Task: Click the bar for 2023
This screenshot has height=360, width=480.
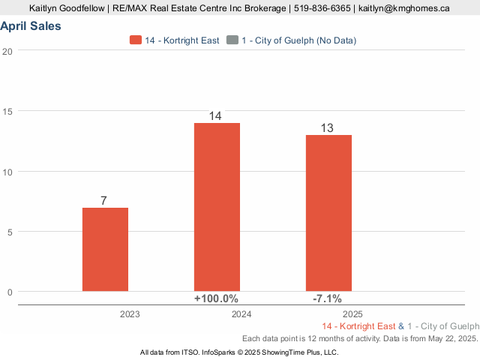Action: coord(105,249)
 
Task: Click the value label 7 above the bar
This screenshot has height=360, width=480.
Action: coord(104,200)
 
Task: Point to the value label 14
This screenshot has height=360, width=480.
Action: coord(216,116)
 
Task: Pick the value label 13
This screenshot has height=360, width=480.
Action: coord(328,128)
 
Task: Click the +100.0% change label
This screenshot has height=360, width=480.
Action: coord(217,298)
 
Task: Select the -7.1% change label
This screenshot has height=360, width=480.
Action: coord(328,298)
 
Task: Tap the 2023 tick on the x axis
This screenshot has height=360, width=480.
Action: coord(130,314)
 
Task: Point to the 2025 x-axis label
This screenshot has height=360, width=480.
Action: coord(352,314)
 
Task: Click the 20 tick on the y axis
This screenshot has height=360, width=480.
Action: coord(7,51)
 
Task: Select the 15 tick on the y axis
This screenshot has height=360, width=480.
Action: coord(7,111)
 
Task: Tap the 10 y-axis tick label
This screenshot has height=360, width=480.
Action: coord(7,172)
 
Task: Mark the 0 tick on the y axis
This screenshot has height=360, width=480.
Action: coord(10,292)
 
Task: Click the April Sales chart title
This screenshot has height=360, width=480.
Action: coord(31,26)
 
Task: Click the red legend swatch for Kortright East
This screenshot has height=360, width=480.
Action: coord(136,40)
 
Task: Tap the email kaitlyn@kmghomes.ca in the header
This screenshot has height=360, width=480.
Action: coord(404,8)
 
